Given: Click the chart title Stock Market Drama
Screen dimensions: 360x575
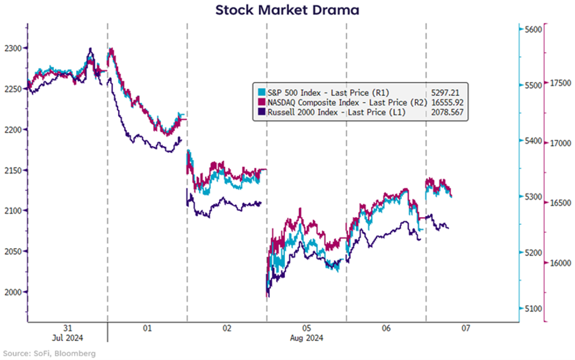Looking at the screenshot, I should pyautogui.click(x=287, y=10).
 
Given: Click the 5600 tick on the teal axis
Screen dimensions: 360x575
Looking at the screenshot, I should pyautogui.click(x=532, y=29).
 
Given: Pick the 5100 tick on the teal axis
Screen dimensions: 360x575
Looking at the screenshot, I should pyautogui.click(x=532, y=309).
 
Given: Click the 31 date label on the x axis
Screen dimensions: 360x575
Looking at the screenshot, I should pyautogui.click(x=67, y=328).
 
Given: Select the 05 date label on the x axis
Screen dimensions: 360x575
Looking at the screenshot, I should pyautogui.click(x=306, y=328).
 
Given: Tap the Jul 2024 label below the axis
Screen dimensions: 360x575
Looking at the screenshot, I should pyautogui.click(x=67, y=338).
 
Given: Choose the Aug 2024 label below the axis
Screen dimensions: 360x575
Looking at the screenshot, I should pyautogui.click(x=306, y=338).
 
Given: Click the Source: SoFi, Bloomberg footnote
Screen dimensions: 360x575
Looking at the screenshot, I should pyautogui.click(x=49, y=353).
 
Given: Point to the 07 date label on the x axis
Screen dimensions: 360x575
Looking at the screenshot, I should pyautogui.click(x=466, y=328).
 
